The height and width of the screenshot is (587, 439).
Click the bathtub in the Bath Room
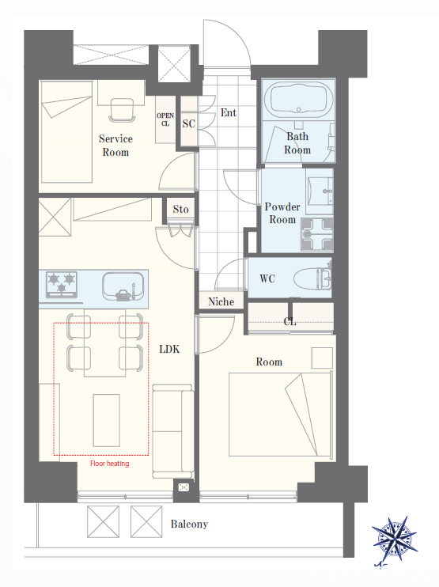click(x=298, y=98)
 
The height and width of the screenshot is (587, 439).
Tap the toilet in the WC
click(x=312, y=278)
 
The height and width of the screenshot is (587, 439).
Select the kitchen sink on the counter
click(x=123, y=286)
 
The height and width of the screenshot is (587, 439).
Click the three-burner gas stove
click(x=62, y=284)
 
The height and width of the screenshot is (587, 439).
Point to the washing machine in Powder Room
click(x=316, y=234)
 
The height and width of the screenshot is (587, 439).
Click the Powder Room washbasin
click(x=320, y=191)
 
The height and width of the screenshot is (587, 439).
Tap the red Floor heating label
click(x=110, y=464)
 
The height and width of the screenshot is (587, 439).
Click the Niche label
click(x=221, y=301)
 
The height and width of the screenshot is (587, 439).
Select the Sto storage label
click(x=181, y=209)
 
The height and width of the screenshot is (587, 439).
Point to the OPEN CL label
click(x=165, y=119)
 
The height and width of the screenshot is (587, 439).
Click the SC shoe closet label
click(x=188, y=123)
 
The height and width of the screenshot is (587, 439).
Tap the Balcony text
click(x=189, y=524)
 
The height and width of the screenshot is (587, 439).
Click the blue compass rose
click(x=395, y=539)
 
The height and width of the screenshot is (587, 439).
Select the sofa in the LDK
click(x=173, y=431)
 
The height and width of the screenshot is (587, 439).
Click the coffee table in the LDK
click(x=106, y=420)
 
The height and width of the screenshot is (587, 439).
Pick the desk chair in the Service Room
click(x=122, y=110)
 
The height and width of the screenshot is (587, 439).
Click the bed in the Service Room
click(x=66, y=132)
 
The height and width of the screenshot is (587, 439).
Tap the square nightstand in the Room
click(x=322, y=358)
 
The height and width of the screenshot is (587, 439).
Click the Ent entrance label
click(x=229, y=112)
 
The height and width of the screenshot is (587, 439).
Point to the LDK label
click(x=169, y=350)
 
